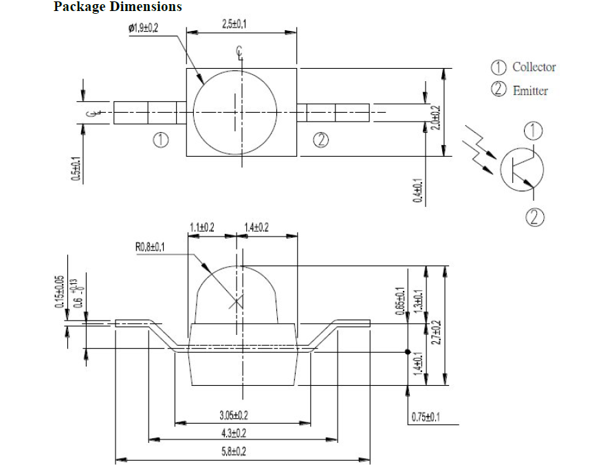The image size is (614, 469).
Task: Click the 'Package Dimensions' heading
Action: coord(118,7)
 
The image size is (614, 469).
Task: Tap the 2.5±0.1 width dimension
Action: coord(235,24)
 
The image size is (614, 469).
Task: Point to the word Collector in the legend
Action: coord(534,67)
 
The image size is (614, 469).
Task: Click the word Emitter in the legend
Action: coord(530,90)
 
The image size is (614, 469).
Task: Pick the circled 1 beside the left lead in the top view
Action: coord(161,140)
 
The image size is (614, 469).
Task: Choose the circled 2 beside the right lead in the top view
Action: coord(320,140)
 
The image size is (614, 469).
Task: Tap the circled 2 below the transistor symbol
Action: coord(536,218)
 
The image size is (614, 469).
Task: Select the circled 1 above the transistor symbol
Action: coord(533,131)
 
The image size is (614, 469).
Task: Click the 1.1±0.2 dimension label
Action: coord(202,227)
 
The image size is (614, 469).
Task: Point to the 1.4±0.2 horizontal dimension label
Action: coord(256,227)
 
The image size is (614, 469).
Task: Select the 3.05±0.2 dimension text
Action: coord(234,415)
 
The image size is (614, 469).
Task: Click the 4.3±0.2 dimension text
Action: coord(234,433)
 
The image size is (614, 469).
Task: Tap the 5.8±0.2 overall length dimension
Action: coord(234,451)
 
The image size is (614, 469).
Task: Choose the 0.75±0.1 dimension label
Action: coord(426,417)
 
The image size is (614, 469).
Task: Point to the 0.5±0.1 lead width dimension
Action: coord(75,169)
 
